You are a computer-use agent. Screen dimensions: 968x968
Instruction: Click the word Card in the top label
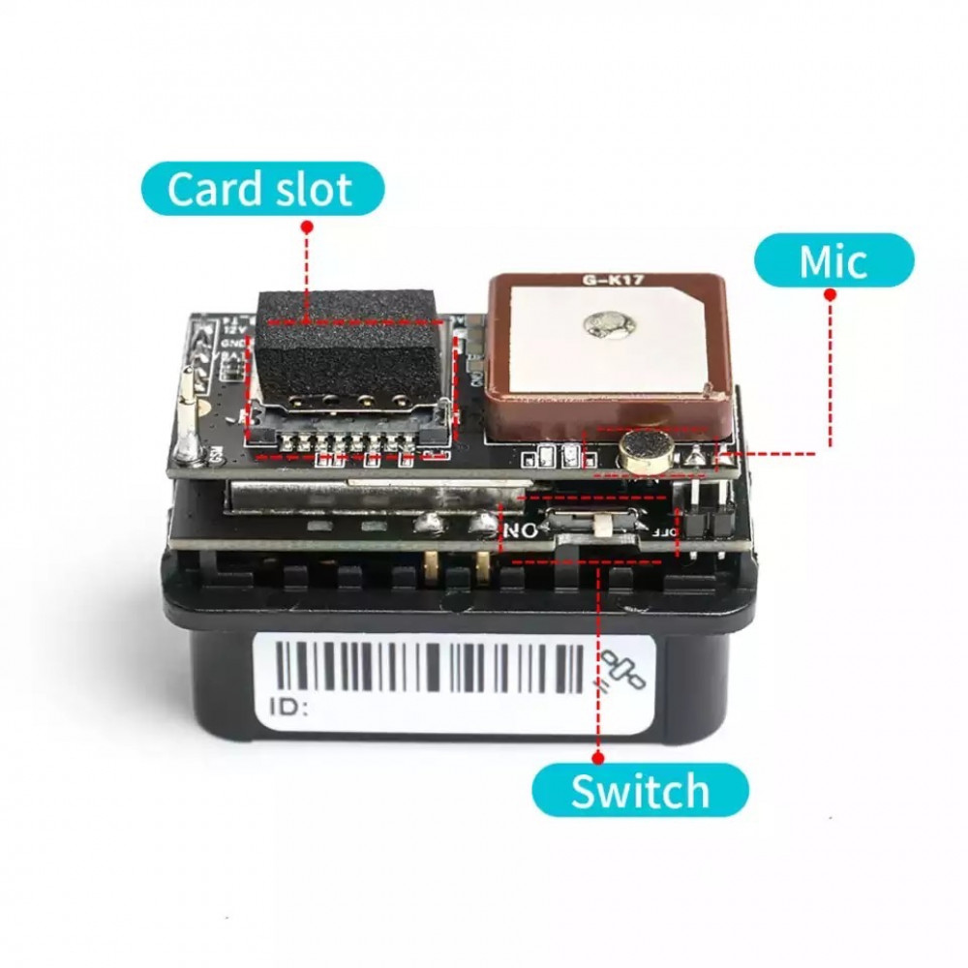pyautogui.click(x=212, y=189)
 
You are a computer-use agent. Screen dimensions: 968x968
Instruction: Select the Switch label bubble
pyautogui.click(x=640, y=791)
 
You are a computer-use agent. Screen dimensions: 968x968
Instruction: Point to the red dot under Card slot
pyautogui.click(x=307, y=227)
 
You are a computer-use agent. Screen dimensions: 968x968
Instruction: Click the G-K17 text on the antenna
pyautogui.click(x=606, y=281)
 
